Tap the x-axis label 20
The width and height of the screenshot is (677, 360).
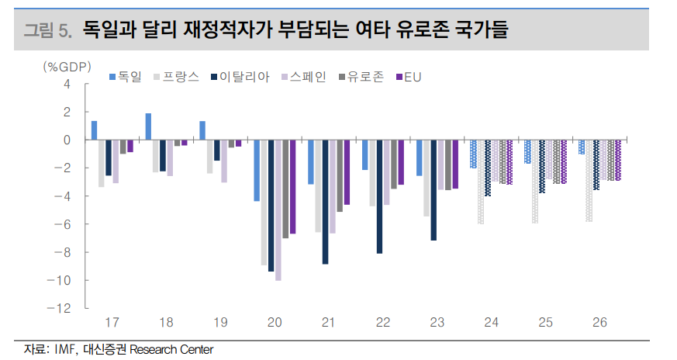(275, 322)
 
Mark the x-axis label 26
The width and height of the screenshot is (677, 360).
(599, 322)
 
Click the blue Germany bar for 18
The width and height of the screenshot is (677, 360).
(148, 126)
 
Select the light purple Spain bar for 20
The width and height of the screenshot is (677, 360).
(278, 209)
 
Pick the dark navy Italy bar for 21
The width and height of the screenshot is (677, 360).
(326, 202)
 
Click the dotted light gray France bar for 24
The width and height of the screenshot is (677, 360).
(481, 182)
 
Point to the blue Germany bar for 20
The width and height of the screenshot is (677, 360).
(257, 170)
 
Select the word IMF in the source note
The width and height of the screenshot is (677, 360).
(64, 349)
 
